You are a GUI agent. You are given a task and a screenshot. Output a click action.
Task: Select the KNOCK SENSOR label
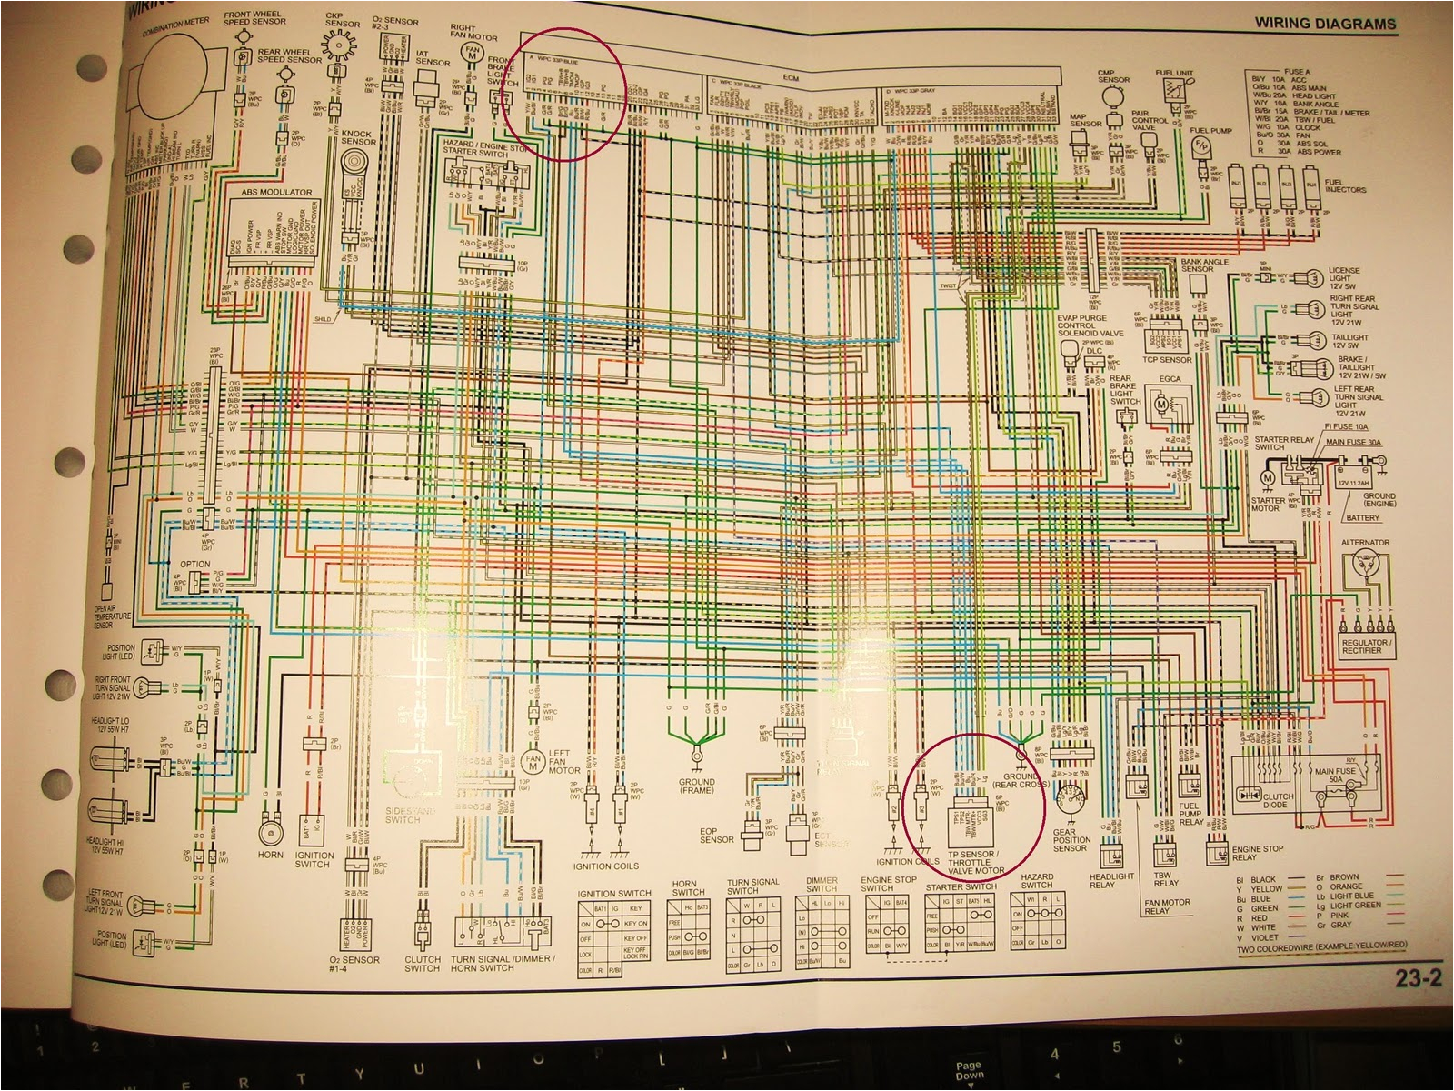point(358,137)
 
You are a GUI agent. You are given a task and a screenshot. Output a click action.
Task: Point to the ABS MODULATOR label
point(275,193)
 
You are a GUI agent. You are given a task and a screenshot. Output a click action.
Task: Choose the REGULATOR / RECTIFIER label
point(1364,646)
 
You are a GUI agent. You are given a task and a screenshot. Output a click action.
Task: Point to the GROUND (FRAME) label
point(696,786)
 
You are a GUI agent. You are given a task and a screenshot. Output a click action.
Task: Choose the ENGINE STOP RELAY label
point(1257,853)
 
